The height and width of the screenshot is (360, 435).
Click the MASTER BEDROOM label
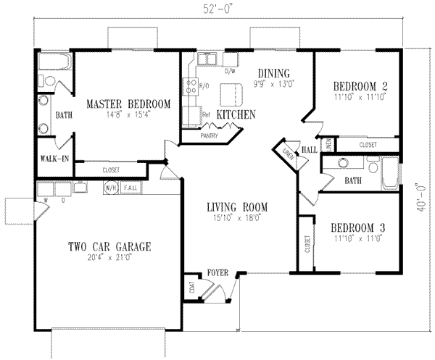(128, 104)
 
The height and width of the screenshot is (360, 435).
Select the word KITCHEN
(234, 114)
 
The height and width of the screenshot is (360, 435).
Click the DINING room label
(273, 73)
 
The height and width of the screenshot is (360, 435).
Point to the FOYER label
(217, 273)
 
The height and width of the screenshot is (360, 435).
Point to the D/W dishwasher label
(231, 71)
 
